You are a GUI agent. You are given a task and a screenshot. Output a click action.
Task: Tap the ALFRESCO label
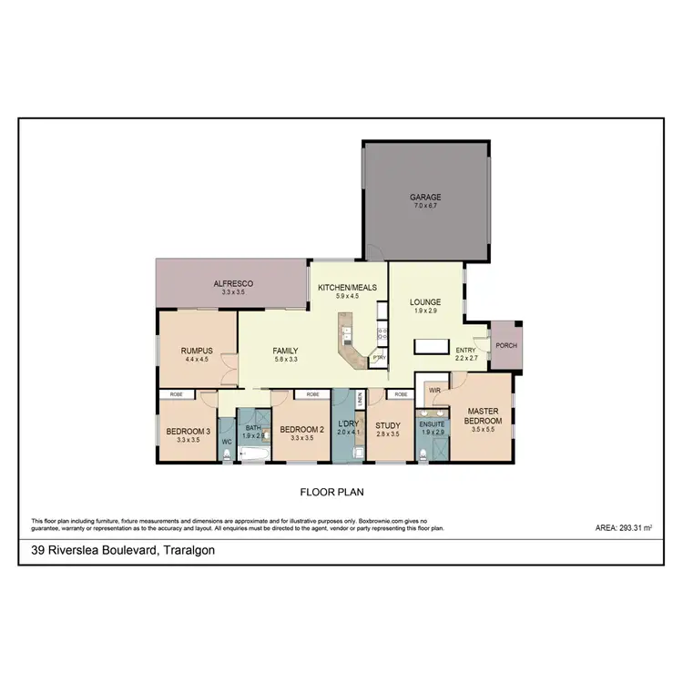coord(232,284)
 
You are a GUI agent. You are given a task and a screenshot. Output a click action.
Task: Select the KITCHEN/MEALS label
coord(347,288)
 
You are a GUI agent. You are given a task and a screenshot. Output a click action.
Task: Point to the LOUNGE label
coord(425,302)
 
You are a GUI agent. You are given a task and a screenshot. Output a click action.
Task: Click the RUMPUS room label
coord(197,350)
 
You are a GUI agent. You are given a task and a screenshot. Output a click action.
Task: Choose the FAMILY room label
coord(286,351)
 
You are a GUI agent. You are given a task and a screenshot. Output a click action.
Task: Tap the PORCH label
coord(505,344)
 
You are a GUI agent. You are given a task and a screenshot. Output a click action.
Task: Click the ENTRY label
coord(465,351)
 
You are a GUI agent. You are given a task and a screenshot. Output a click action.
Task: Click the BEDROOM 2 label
coord(302,430)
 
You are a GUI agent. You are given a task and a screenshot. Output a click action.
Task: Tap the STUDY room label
coord(388,423)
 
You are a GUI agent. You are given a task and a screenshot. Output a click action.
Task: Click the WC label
coord(228,443)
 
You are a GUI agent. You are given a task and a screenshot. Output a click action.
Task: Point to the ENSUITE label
coord(432,423)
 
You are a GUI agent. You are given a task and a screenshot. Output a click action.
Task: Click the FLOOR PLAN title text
coord(339,493)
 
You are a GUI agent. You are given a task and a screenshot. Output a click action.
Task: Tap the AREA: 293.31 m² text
coord(627,527)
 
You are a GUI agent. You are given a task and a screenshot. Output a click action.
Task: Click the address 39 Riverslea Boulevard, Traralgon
coord(117,551)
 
